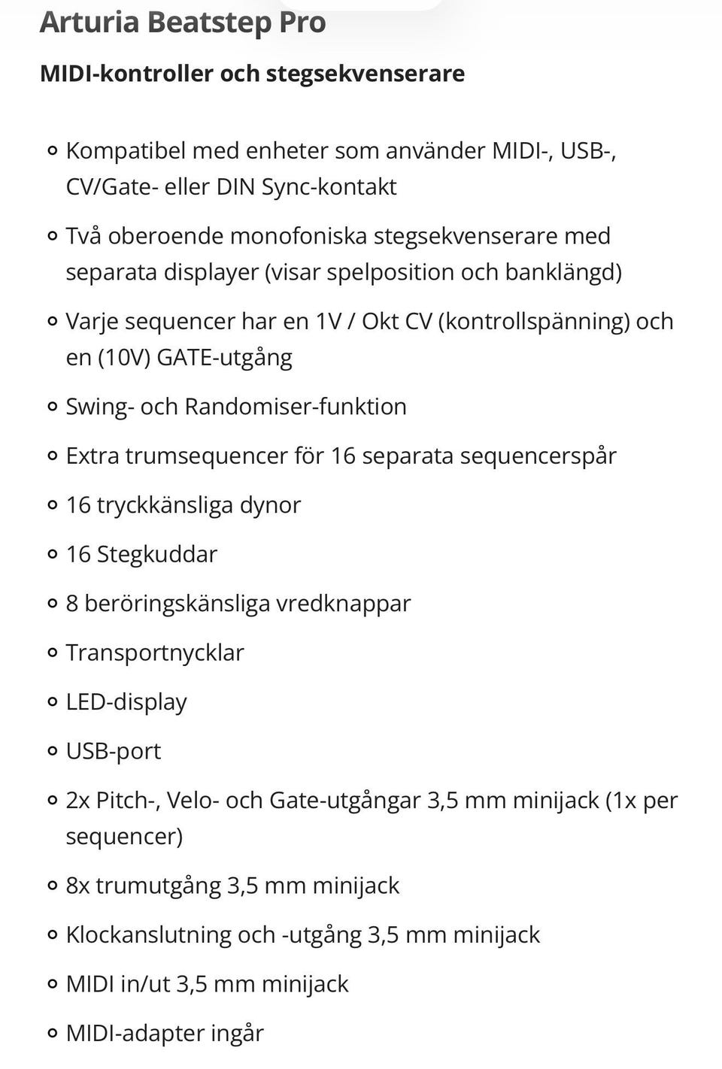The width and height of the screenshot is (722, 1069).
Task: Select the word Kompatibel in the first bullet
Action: pyautogui.click(x=126, y=150)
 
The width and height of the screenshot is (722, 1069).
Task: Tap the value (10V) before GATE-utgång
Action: pyautogui.click(x=123, y=356)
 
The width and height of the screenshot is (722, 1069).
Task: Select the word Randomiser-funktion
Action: pyautogui.click(x=296, y=406)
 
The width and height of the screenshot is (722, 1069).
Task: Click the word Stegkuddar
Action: pyautogui.click(x=156, y=554)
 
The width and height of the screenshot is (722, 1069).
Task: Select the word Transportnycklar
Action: pyautogui.click(x=155, y=653)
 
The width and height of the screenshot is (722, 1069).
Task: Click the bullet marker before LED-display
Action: pyautogui.click(x=52, y=702)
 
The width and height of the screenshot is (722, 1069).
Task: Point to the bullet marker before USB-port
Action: pyautogui.click(x=52, y=751)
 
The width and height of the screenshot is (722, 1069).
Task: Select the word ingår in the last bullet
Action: pyautogui.click(x=237, y=1034)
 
